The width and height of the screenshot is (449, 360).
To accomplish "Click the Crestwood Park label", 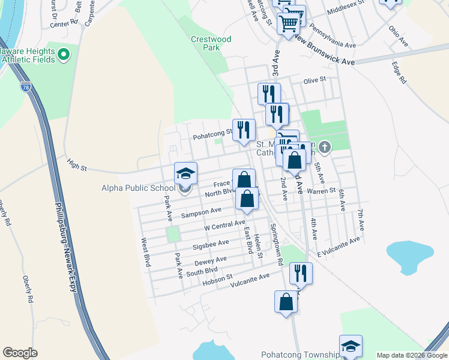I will (x=210, y=43).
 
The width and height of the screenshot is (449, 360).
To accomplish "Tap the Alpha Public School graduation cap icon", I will (x=185, y=174).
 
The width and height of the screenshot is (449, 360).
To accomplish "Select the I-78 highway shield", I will (x=25, y=88).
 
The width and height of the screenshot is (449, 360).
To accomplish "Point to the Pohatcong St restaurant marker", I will (x=244, y=130).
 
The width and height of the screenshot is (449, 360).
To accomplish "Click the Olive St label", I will (x=314, y=80).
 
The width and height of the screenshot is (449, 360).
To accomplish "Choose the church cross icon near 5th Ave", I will (x=325, y=146).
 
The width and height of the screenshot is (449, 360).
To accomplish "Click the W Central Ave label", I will (x=224, y=225).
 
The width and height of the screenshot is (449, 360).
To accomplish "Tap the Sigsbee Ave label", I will (x=211, y=244).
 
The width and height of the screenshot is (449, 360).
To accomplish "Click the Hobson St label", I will (x=217, y=278).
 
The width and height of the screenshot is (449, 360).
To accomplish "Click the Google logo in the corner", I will (x=20, y=353).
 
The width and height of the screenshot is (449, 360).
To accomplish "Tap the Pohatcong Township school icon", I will (x=351, y=346).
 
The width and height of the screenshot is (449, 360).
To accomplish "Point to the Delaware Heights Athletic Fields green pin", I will (x=64, y=57).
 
